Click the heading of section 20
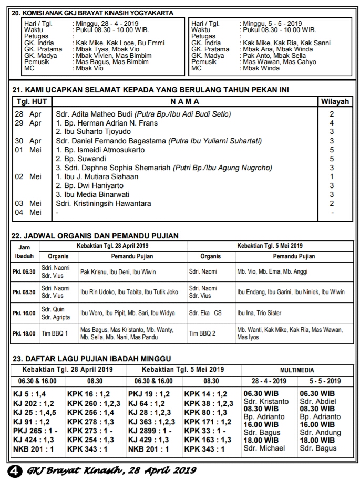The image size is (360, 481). (92, 13)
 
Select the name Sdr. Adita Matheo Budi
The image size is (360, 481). (95, 114)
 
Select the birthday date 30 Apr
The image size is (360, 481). (28, 141)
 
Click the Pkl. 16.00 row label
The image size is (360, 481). (24, 313)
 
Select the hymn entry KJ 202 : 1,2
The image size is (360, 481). (34, 403)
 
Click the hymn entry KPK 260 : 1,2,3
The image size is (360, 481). (94, 403)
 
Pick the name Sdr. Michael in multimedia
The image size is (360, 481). (264, 448)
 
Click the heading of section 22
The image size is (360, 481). (95, 236)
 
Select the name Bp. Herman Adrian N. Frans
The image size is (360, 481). (107, 123)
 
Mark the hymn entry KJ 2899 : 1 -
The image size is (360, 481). (151, 430)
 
